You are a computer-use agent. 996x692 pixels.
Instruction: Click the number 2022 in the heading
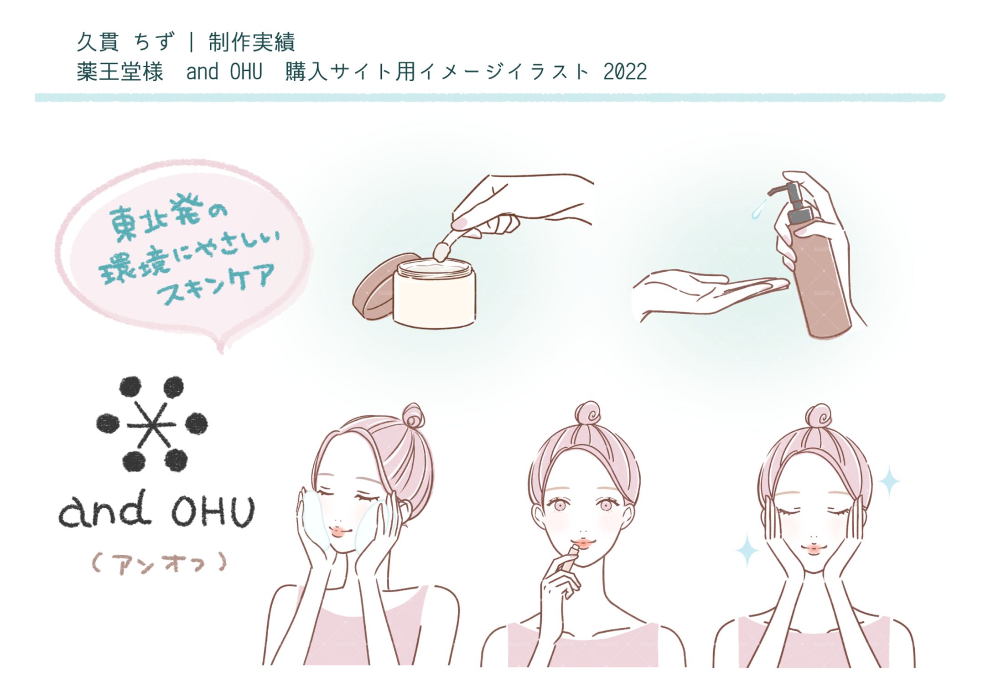(625, 72)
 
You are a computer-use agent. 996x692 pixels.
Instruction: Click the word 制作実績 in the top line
(252, 42)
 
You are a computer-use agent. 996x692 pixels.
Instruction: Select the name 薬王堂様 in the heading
(120, 72)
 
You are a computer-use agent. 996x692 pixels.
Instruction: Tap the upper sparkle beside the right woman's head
(889, 481)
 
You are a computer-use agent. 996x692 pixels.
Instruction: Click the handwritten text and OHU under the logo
(156, 511)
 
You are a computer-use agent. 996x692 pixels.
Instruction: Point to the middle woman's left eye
(606, 505)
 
